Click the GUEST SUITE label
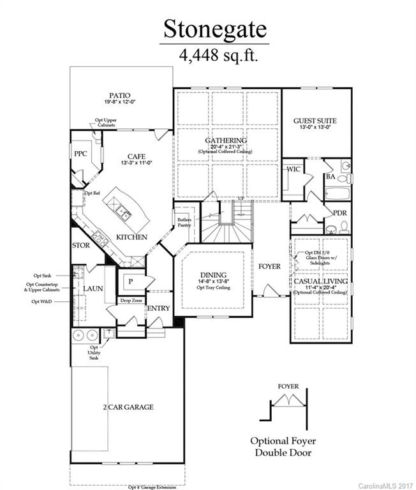click(x=315, y=120)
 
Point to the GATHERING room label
click(x=226, y=140)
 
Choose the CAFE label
click(x=137, y=156)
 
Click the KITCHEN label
click(x=132, y=237)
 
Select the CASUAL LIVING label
click(x=320, y=281)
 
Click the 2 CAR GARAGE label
click(x=128, y=406)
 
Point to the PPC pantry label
click(x=80, y=153)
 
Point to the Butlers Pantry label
click(x=185, y=222)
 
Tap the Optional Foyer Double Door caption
click(x=283, y=446)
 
